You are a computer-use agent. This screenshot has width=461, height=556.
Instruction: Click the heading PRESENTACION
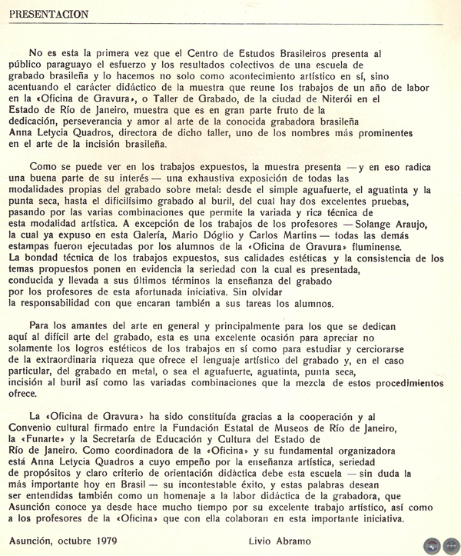click(x=49, y=14)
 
